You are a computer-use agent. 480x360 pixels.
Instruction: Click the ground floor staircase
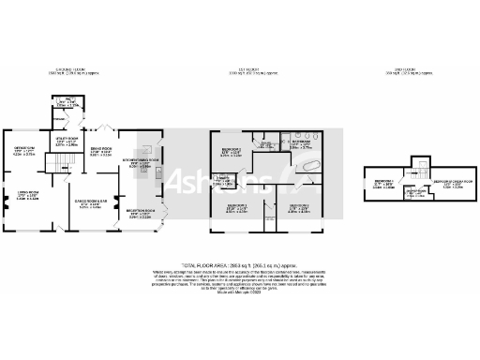(x=62, y=165)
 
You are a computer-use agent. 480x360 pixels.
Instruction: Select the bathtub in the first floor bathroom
(x=307, y=163)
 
